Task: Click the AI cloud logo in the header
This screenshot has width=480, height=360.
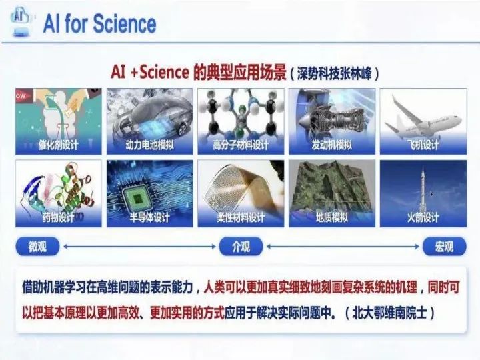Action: point(21,21)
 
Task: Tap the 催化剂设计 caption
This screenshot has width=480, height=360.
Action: point(59,145)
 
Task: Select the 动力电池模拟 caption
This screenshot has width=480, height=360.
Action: point(149,145)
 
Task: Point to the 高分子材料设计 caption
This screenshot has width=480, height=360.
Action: point(241,145)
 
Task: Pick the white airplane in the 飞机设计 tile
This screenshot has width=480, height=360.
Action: point(424,118)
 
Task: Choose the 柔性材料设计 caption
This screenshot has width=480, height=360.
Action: point(241,217)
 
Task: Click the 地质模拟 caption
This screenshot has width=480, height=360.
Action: point(332,217)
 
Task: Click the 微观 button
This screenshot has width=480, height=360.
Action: point(37,247)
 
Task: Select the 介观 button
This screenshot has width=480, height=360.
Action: point(241,247)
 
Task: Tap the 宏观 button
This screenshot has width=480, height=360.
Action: point(445,247)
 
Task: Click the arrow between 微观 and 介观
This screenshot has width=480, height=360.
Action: point(139,247)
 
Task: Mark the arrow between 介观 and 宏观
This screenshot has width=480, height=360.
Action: point(343,247)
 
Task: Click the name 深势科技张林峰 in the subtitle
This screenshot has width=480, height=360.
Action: point(334,74)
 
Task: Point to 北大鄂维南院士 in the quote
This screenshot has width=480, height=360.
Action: point(389,313)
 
